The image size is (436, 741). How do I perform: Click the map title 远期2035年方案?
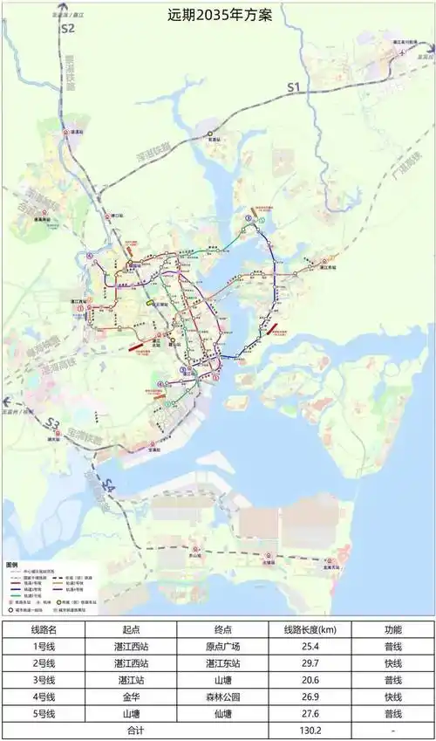pos(218,16)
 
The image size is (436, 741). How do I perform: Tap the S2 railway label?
pos(67,29)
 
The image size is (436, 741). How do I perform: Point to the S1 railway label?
pos(293,86)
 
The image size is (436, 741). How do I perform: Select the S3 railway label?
pos(52,425)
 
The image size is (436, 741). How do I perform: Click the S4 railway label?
pos(107,485)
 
